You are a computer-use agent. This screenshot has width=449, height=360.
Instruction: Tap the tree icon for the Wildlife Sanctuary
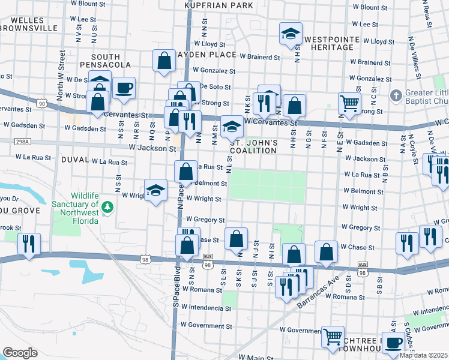tap(107, 207)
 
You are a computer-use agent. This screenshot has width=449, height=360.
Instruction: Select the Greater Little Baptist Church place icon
tap(396, 95)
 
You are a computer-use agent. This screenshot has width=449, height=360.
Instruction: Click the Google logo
tap(20, 353)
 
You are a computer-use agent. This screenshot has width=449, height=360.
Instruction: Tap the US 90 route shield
tap(41, 104)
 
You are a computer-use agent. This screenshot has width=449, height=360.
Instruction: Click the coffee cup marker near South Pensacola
tap(124, 88)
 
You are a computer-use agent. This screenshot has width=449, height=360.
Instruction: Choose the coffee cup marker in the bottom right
tap(393, 343)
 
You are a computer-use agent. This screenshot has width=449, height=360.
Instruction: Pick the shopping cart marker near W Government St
tap(333, 337)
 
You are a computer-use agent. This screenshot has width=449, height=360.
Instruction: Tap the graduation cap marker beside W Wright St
tap(156, 190)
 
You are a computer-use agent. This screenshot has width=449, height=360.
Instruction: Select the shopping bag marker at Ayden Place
tap(164, 61)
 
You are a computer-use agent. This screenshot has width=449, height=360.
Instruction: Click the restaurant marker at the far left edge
tap(29, 244)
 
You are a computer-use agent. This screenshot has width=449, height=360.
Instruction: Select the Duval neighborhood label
tap(74, 161)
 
